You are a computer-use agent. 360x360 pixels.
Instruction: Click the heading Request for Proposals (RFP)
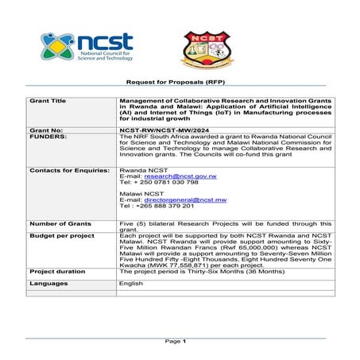point(180,82)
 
